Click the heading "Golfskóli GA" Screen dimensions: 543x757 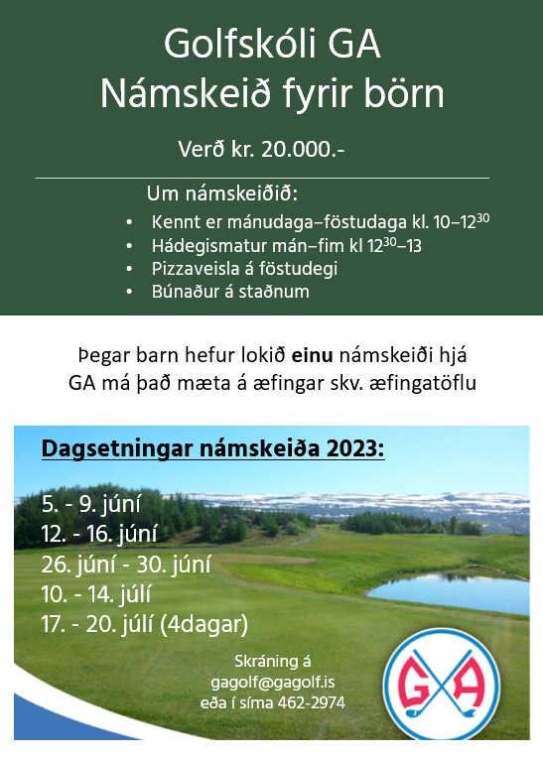point(272,47)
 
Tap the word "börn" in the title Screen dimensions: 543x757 point(403,94)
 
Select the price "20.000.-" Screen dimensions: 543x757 point(299,150)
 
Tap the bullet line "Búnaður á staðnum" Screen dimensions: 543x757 point(230,292)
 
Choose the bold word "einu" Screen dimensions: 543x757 point(313,355)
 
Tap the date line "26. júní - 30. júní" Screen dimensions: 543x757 point(126,566)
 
